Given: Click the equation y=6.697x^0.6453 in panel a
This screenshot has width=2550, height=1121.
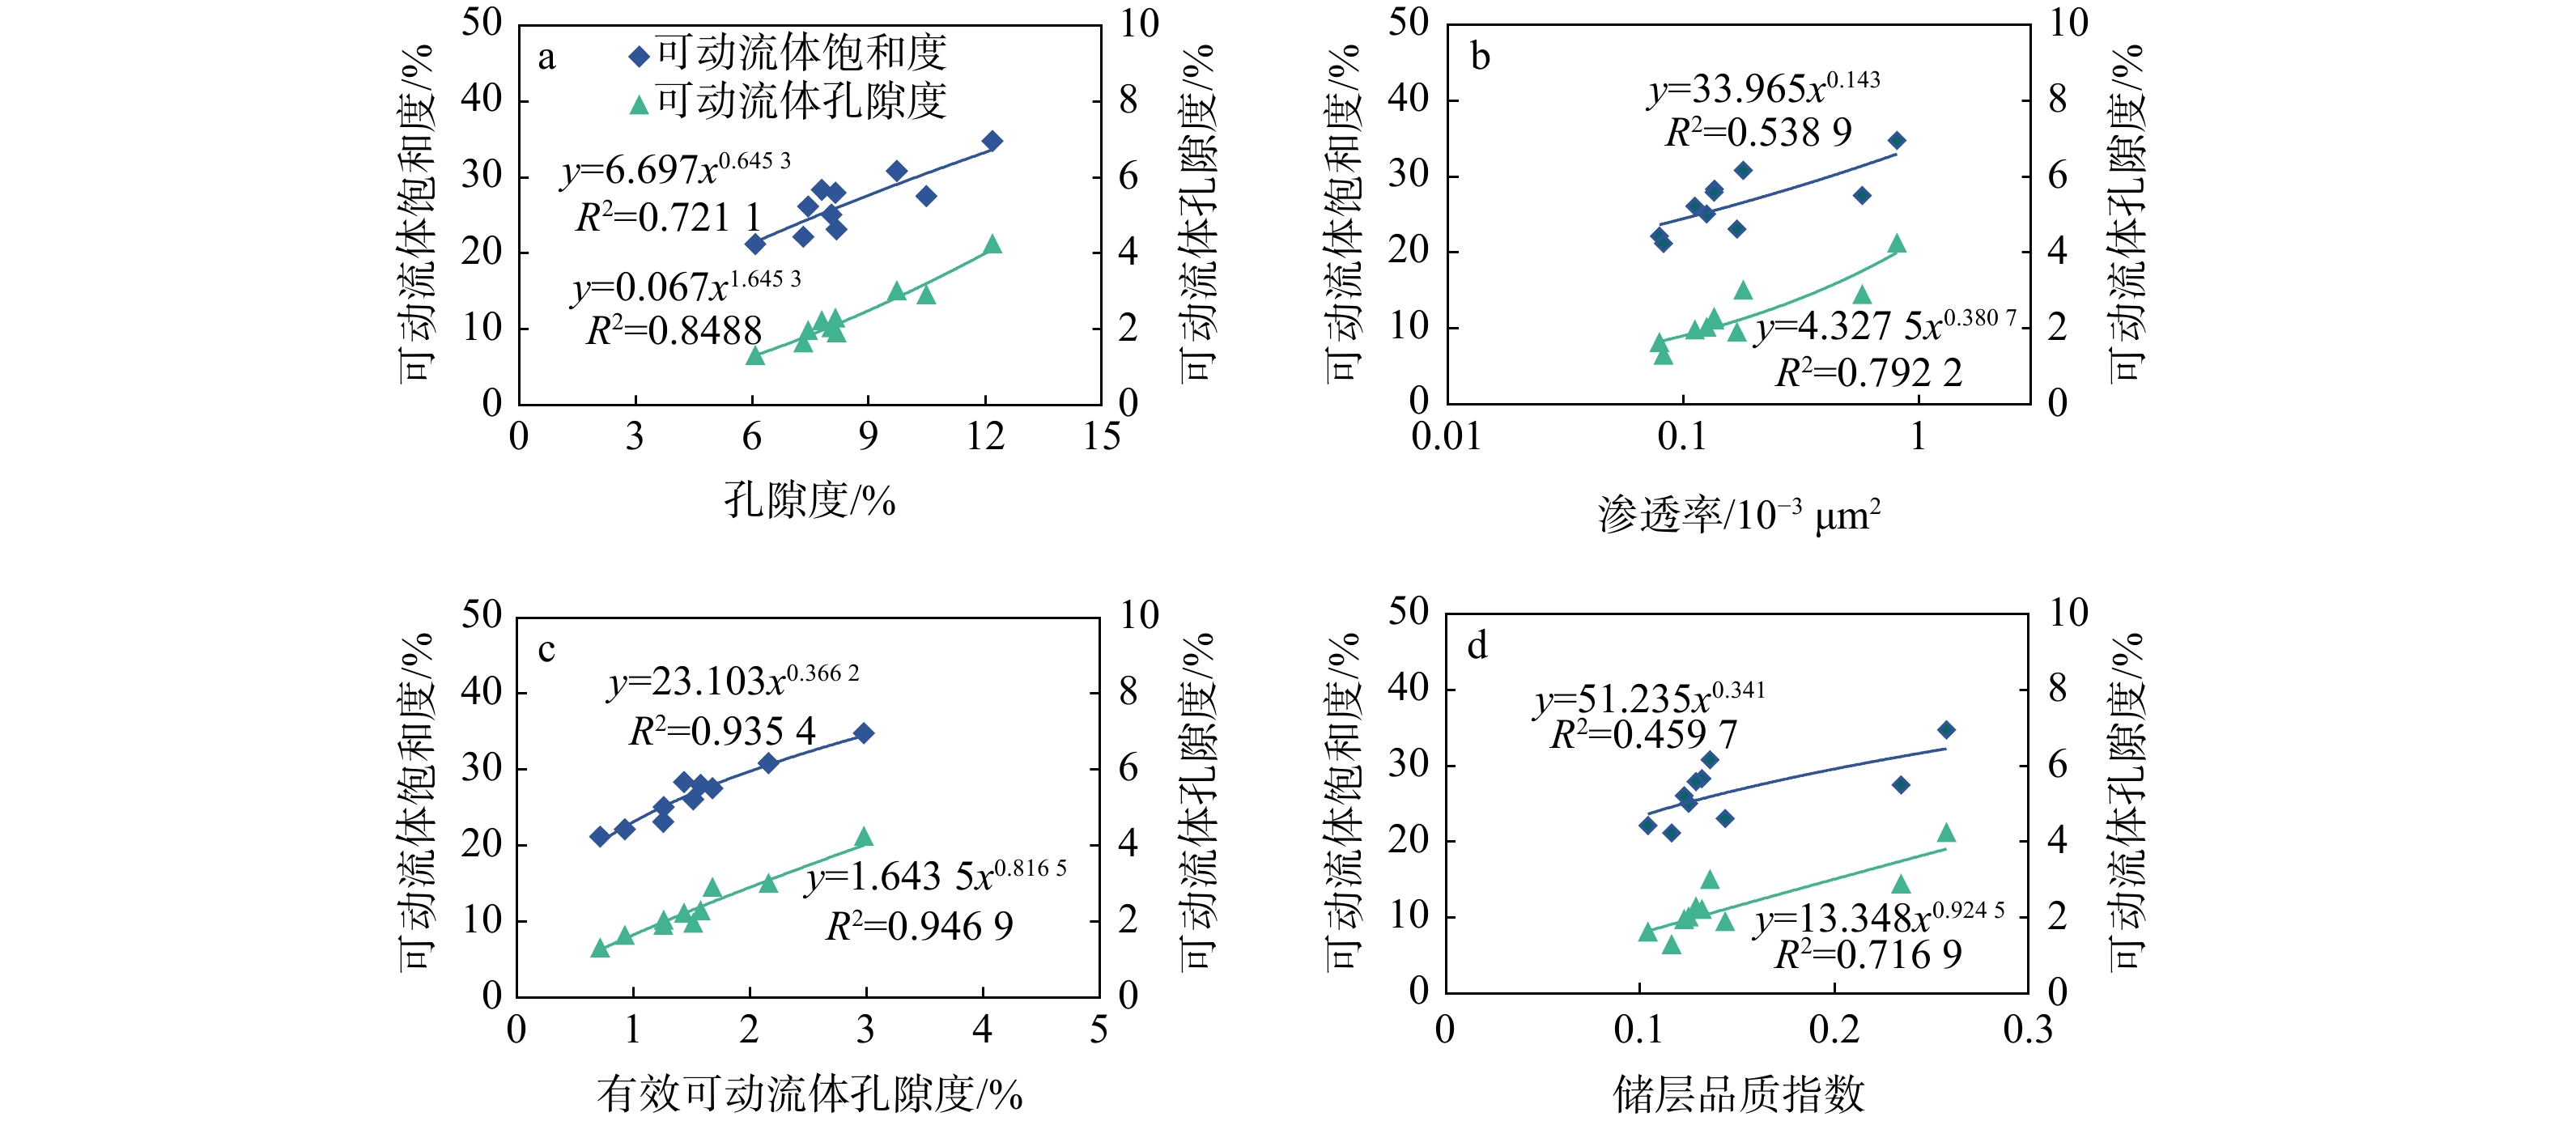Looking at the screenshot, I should click(x=676, y=170).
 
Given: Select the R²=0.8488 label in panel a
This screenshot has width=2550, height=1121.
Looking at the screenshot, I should click(x=674, y=330).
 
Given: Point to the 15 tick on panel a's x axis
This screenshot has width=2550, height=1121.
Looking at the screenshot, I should click(x=1101, y=436).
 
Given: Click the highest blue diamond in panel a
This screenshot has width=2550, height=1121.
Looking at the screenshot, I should click(x=992, y=142).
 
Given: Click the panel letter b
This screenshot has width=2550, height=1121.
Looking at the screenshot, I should click(x=1480, y=57).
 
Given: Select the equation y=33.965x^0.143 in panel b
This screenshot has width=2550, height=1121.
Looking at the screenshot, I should click(x=1763, y=89).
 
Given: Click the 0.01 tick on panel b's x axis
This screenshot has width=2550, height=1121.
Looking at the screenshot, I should click(x=1447, y=436).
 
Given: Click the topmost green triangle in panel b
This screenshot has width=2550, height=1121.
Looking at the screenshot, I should click(x=1897, y=244).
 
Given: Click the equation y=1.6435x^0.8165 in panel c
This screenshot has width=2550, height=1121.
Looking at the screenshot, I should click(x=936, y=876).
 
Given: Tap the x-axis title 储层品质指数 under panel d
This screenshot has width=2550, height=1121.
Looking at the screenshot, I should click(x=1738, y=1094).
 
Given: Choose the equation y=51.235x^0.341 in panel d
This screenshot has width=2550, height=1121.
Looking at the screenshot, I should click(x=1649, y=699).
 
